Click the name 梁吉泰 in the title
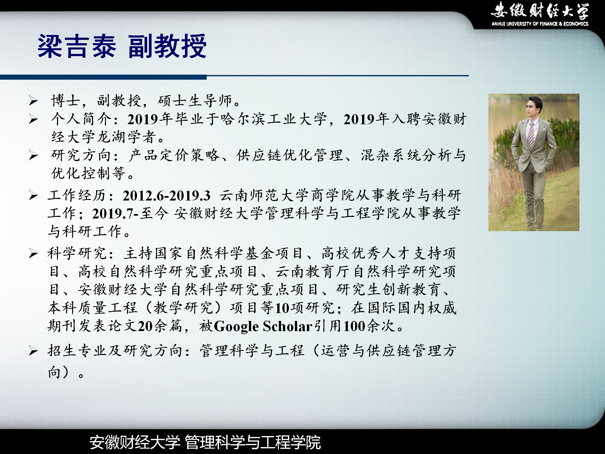pyautogui.click(x=77, y=46)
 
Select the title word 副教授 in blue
pyautogui.click(x=167, y=46)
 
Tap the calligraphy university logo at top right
pyautogui.click(x=540, y=10)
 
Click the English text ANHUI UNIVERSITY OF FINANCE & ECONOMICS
pyautogui.click(x=540, y=24)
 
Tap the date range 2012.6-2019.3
pyautogui.click(x=166, y=196)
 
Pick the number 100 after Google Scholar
pyautogui.click(x=354, y=326)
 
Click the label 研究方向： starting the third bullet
pyautogui.click(x=85, y=155)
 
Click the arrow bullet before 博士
pyautogui.click(x=33, y=101)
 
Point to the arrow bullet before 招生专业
pyautogui.click(x=33, y=351)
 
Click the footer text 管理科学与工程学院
pyautogui.click(x=253, y=442)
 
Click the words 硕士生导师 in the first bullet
pyautogui.click(x=195, y=101)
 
